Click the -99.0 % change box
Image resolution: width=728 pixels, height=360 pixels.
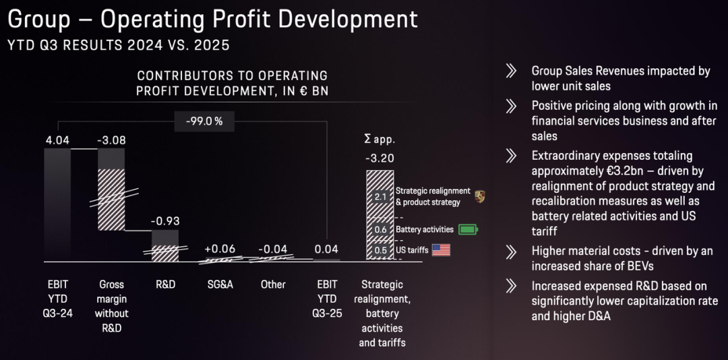pos(199,122)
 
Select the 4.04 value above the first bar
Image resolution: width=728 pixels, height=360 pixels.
pos(57,140)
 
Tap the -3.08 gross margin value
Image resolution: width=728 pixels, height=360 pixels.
pos(111,140)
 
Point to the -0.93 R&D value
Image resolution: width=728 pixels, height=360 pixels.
pos(164,221)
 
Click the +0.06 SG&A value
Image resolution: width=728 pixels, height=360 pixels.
pos(219,249)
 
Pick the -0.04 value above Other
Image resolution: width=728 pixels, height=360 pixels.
pos(273,249)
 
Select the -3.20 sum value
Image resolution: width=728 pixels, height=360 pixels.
pos(380,158)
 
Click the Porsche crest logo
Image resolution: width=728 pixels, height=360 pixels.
pos(479,197)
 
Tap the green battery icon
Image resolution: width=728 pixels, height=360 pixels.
pos(467,229)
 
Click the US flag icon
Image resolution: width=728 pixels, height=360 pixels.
pos(441,250)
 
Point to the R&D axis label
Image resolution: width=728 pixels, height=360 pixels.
pos(165,284)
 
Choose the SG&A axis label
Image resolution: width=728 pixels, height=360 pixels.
pos(219,284)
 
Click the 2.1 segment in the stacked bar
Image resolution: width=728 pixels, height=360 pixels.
pos(380,196)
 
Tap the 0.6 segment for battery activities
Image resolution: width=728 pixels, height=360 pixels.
pos(380,229)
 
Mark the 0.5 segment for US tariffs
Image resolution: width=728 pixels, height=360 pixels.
pos(380,250)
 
